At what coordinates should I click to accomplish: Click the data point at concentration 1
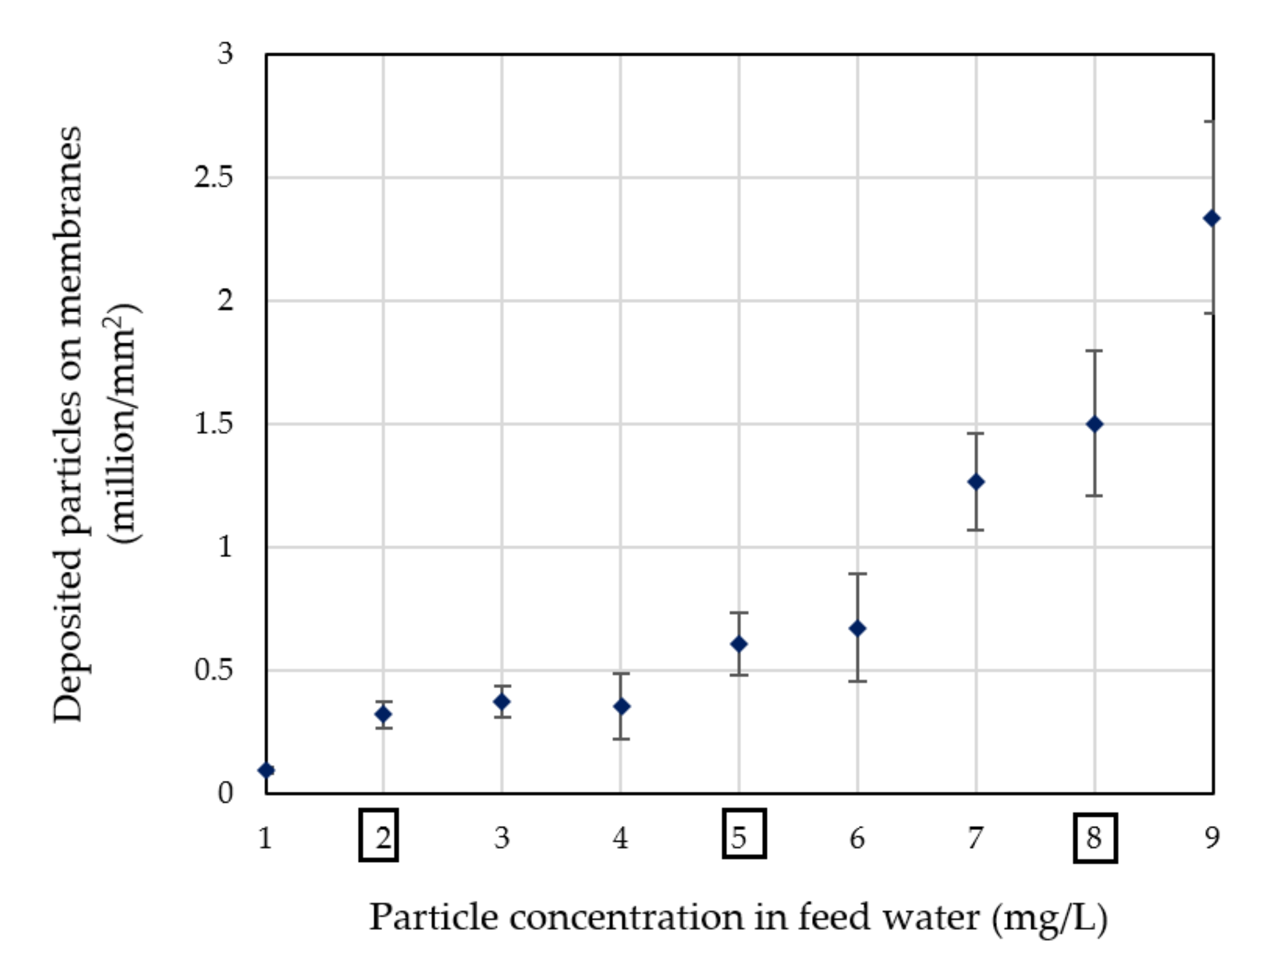click(x=267, y=770)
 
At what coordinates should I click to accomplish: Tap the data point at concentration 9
click(x=1212, y=218)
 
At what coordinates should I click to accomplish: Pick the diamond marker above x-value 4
click(x=621, y=706)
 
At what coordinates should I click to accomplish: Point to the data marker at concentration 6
click(x=857, y=628)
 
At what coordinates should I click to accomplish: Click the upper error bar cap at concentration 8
click(x=1094, y=350)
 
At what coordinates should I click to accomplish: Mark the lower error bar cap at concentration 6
click(x=857, y=681)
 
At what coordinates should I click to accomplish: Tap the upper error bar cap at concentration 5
click(x=739, y=613)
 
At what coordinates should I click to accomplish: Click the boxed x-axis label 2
click(x=379, y=836)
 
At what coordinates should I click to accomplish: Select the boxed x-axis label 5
click(x=743, y=834)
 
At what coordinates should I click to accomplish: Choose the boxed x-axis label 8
click(x=1095, y=838)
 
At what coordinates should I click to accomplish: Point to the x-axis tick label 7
click(x=975, y=838)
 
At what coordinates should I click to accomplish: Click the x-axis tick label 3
click(x=502, y=838)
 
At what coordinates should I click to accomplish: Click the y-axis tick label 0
click(x=225, y=793)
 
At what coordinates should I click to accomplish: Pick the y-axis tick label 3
click(x=225, y=54)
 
